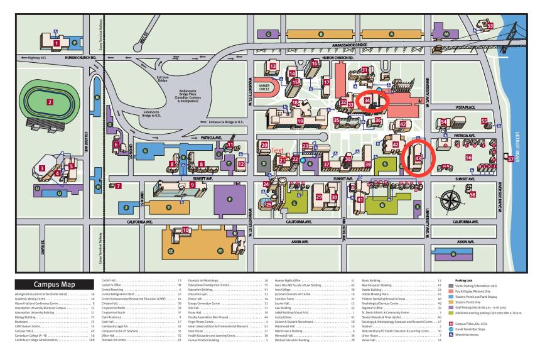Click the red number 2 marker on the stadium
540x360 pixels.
(x=50, y=101)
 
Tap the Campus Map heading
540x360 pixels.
(x=51, y=283)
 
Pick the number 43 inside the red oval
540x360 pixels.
(x=418, y=159)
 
